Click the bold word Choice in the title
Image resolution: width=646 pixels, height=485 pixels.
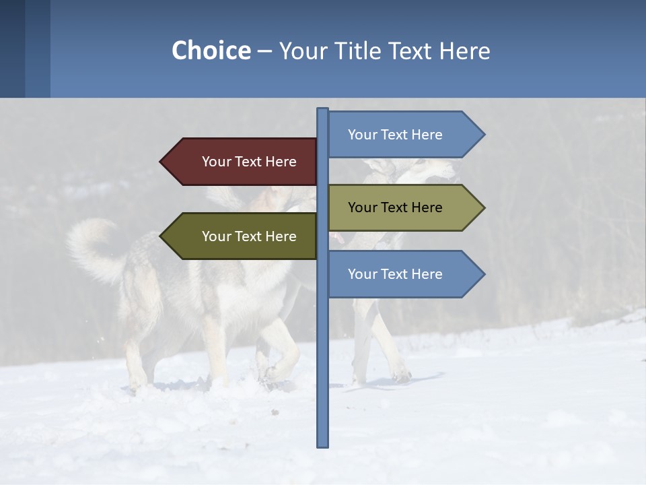[211, 51]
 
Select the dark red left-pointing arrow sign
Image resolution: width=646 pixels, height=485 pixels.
[242, 162]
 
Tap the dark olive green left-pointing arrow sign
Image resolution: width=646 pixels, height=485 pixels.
[242, 236]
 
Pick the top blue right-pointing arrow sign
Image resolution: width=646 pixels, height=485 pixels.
[401, 135]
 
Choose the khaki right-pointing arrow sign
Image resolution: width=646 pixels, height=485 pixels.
[401, 207]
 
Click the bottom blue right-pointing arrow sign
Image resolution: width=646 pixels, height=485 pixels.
[401, 274]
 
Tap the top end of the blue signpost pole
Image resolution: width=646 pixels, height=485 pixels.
[323, 110]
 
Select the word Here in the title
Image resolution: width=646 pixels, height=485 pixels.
[464, 51]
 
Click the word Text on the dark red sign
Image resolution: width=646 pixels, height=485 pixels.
[249, 162]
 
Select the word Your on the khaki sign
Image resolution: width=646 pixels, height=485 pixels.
[362, 207]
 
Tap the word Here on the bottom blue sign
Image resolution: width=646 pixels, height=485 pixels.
[426, 274]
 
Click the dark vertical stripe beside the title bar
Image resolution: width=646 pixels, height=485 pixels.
[12, 48]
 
